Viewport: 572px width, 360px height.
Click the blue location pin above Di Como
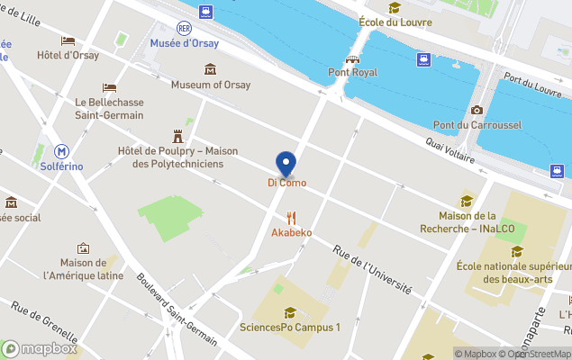click(x=286, y=164)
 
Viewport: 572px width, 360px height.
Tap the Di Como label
click(x=286, y=184)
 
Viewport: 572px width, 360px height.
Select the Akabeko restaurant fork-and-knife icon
click(x=291, y=218)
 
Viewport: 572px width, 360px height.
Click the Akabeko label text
click(x=292, y=233)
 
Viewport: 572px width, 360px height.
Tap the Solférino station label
click(x=62, y=167)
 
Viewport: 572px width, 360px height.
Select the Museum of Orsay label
click(x=211, y=85)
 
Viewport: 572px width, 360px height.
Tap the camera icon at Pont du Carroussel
click(x=477, y=111)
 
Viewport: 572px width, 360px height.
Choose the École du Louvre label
click(x=395, y=22)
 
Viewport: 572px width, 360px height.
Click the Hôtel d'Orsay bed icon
click(x=68, y=40)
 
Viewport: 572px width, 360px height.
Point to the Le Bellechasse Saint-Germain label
click(x=109, y=109)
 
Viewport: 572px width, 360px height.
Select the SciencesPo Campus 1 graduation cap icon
click(x=289, y=312)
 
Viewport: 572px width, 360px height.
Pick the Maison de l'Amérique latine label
click(x=84, y=268)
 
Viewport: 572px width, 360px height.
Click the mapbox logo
click(x=40, y=348)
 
